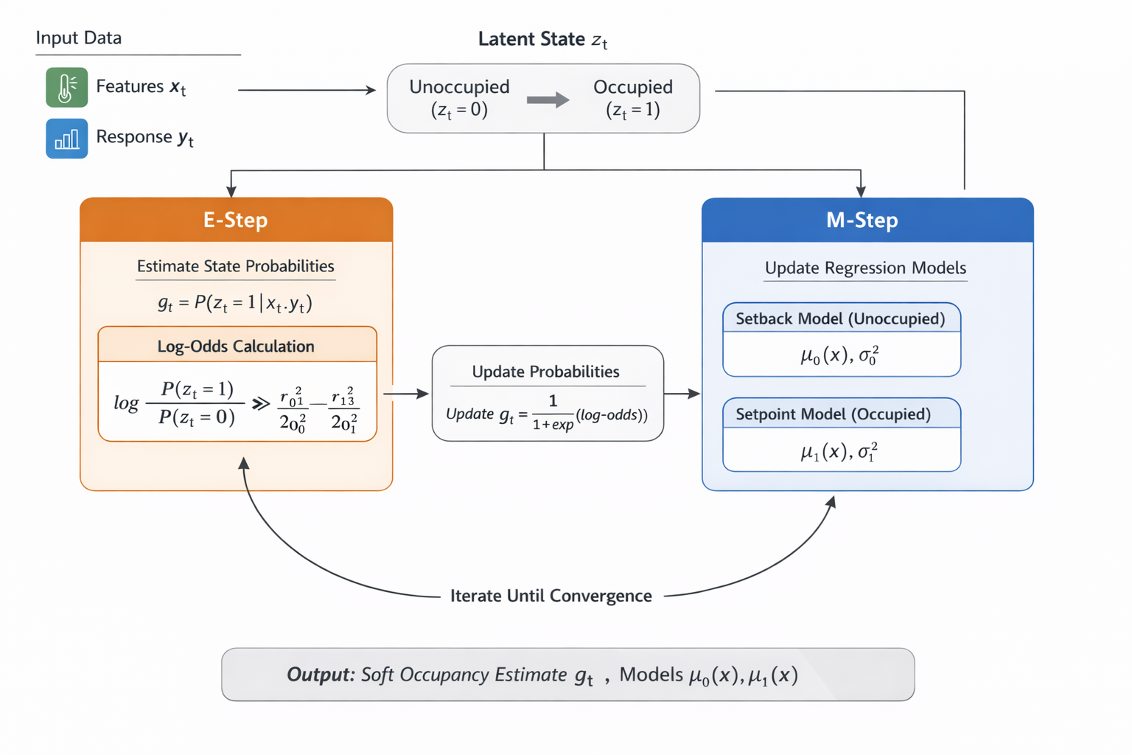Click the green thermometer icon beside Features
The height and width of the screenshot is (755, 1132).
66,87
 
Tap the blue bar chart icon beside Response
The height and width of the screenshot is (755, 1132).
66,139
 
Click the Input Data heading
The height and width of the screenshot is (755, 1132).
79,38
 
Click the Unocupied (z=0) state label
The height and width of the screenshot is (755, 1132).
459,98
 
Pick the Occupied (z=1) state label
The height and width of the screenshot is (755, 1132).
632,98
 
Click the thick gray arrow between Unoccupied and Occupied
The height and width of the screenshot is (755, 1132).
548,100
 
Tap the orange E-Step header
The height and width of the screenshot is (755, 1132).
236,220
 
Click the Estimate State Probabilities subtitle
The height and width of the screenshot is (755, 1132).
236,266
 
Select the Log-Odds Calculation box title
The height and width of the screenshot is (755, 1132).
236,346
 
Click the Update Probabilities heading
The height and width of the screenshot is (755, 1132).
545,372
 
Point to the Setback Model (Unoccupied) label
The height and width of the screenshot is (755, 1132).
840,319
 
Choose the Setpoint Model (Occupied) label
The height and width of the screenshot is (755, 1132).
833,414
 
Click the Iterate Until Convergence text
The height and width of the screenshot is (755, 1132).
551,596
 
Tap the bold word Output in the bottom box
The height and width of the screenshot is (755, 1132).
321,675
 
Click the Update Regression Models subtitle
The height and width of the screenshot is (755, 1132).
865,268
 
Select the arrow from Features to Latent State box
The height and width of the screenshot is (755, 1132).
307,90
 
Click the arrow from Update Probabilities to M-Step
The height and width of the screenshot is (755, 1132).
682,394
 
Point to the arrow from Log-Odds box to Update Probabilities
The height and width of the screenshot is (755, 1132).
405,394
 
